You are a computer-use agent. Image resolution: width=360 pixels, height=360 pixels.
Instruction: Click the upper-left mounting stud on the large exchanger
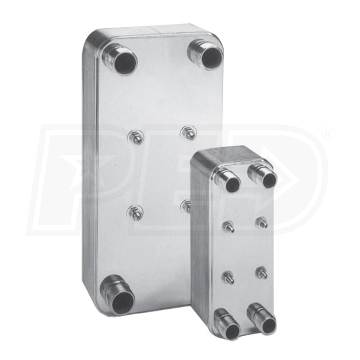click(x=136, y=138)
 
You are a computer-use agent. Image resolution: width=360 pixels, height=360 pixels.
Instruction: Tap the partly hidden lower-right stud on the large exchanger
click(x=186, y=206)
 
